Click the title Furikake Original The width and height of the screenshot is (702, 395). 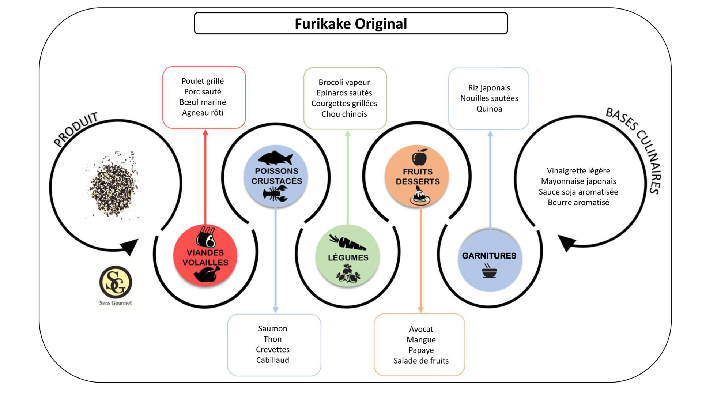pyautogui.click(x=351, y=24)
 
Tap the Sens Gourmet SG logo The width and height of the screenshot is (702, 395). pyautogui.click(x=116, y=282)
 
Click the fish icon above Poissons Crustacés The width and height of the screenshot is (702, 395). pyautogui.click(x=275, y=158)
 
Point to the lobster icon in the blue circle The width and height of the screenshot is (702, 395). pyautogui.click(x=275, y=194)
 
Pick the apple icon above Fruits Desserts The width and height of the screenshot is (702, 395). pyautogui.click(x=419, y=158)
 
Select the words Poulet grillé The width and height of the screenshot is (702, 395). pyautogui.click(x=203, y=81)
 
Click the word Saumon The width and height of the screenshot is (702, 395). pyautogui.click(x=272, y=328)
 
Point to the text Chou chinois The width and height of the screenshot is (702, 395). pyautogui.click(x=344, y=114)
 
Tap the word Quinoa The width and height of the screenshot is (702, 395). pyautogui.click(x=489, y=109)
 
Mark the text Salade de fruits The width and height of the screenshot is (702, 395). pyautogui.click(x=421, y=361)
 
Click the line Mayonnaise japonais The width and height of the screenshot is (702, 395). pyautogui.click(x=578, y=181)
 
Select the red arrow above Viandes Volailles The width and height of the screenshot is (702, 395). pyautogui.click(x=205, y=176)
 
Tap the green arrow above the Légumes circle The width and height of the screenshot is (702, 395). pyautogui.click(x=348, y=176)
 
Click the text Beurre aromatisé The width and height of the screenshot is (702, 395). pyautogui.click(x=578, y=203)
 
